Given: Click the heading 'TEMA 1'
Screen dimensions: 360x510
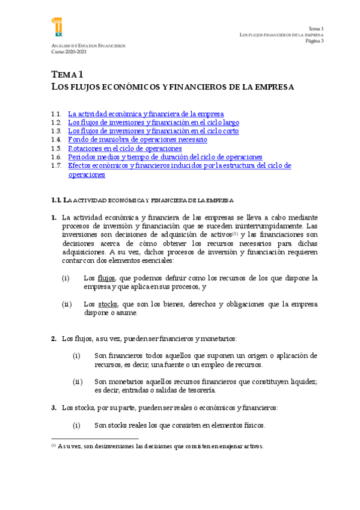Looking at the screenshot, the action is point(67,75).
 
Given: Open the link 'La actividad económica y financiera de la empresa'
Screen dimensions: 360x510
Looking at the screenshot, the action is point(146,114).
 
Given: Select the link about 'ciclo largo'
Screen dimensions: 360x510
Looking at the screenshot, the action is point(153,122).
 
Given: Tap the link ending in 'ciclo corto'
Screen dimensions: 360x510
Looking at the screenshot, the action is point(153,131).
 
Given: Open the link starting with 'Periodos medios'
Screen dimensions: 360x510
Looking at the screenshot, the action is point(165,157).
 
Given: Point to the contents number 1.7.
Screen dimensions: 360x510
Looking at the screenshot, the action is point(56,165).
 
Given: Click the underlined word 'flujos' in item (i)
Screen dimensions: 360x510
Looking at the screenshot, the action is point(106,278).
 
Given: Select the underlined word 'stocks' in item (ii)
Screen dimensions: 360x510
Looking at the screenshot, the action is point(108,305).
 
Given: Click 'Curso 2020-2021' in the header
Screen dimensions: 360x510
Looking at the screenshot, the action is point(69,52).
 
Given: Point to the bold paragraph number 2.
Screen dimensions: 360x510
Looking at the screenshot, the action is point(53,339).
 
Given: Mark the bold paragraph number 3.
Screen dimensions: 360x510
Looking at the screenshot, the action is point(53,408).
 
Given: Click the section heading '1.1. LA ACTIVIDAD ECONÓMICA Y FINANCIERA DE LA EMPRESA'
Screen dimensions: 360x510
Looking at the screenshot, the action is point(142,200).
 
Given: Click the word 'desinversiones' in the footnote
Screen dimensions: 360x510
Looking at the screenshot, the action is point(109,446).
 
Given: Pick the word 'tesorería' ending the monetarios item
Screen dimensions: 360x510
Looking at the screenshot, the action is point(198,391).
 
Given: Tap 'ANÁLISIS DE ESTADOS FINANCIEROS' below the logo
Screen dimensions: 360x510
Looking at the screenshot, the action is point(88,46).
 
